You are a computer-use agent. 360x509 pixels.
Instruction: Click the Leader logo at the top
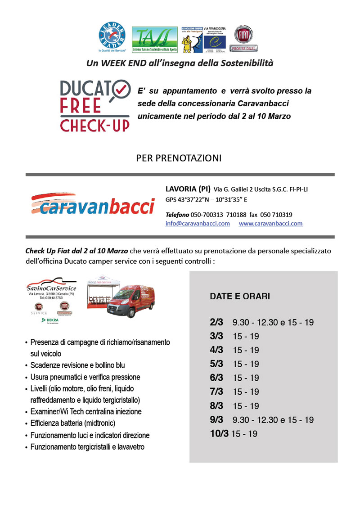click(113, 36)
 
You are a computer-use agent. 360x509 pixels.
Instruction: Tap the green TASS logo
click(154, 40)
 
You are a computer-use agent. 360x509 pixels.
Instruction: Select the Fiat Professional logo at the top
click(243, 40)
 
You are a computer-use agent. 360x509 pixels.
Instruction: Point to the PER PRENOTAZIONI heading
click(179, 158)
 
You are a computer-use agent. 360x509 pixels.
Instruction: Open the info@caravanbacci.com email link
click(198, 224)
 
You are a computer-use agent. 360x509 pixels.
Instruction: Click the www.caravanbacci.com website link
click(270, 224)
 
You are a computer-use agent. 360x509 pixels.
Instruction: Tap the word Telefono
click(177, 215)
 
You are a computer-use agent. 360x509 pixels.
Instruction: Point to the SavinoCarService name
click(51, 288)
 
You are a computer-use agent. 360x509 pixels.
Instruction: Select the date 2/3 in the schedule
click(216, 322)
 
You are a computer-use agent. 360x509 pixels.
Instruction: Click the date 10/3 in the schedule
click(219, 434)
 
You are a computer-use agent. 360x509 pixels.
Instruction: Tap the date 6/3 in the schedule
click(216, 378)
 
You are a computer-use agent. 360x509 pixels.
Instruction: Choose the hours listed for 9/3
click(273, 420)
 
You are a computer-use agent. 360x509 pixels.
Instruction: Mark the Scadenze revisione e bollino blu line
click(77, 365)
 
